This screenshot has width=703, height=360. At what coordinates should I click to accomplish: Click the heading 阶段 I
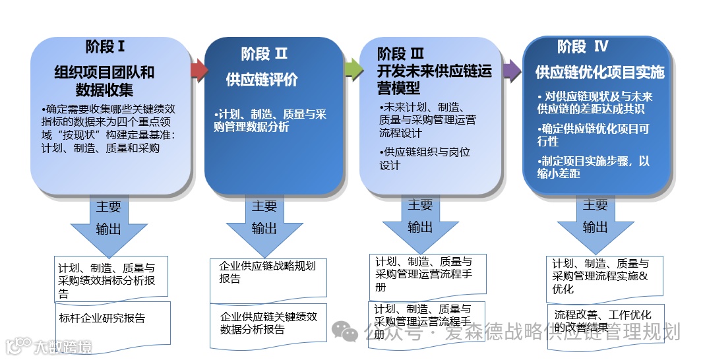(x=105, y=47)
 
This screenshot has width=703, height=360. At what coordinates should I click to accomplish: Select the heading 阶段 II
(x=264, y=53)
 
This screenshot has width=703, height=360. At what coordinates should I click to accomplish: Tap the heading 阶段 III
(x=400, y=53)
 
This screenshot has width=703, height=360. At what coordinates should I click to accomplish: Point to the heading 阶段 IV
(x=582, y=46)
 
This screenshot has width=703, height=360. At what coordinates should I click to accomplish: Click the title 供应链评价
(x=262, y=80)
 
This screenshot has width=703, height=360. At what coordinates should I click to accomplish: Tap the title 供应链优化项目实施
(x=599, y=72)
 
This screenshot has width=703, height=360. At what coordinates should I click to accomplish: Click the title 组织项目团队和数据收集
(x=104, y=80)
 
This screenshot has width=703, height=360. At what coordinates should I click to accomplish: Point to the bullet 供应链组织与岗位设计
(x=425, y=159)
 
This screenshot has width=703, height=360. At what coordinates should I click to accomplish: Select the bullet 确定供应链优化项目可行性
(x=593, y=135)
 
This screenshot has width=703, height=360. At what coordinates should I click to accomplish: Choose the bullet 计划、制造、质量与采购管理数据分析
(x=270, y=121)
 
